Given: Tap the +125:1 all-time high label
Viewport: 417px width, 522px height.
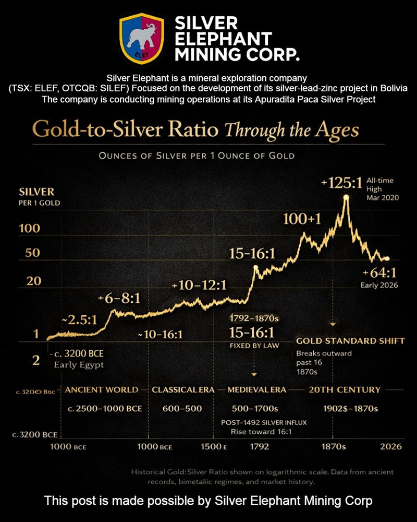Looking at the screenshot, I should [341, 184].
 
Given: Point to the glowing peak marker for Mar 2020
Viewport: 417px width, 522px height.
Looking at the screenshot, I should [346, 197].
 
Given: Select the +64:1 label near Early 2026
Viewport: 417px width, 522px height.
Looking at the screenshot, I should [379, 273].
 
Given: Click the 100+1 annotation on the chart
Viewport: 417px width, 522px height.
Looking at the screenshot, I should [302, 219].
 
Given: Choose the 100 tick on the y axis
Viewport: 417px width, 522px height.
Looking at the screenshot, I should [30, 229].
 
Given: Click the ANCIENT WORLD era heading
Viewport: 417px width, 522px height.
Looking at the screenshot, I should [102, 389].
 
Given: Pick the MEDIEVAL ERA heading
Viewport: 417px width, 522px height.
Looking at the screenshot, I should [257, 389].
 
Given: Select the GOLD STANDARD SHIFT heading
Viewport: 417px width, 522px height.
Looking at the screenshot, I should [350, 341].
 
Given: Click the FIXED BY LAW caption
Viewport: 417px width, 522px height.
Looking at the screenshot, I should [255, 345].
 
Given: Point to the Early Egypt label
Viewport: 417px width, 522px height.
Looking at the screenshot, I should [79, 364].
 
